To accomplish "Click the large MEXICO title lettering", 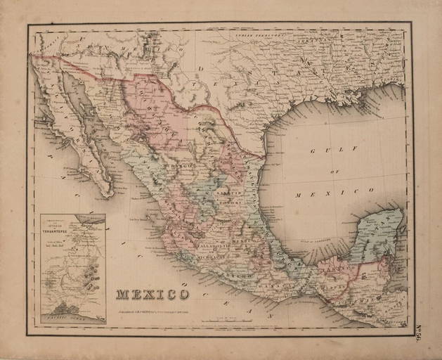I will click(x=152, y=293).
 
